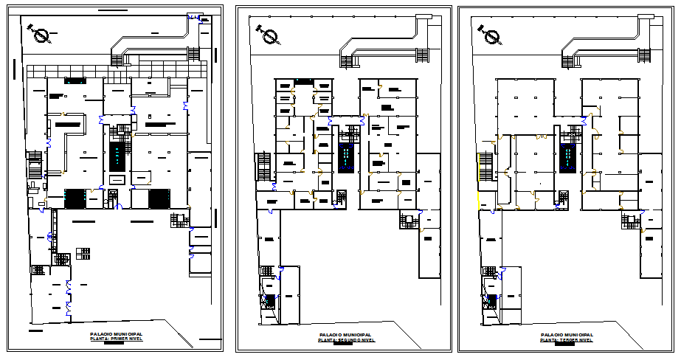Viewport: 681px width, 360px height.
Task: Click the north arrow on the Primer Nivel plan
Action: (x=40, y=33)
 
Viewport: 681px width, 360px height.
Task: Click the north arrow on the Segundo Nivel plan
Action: (x=268, y=33)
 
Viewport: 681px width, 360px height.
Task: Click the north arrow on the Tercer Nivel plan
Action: (x=491, y=34)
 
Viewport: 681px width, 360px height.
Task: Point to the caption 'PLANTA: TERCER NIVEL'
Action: (x=566, y=341)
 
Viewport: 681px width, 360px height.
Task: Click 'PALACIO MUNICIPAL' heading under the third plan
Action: (x=566, y=335)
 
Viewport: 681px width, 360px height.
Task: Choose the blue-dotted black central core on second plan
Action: (x=345, y=158)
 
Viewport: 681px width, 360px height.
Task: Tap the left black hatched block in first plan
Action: (x=75, y=198)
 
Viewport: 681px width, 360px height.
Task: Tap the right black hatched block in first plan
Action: (x=159, y=198)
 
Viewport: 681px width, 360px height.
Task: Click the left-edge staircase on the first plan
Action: (x=34, y=163)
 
